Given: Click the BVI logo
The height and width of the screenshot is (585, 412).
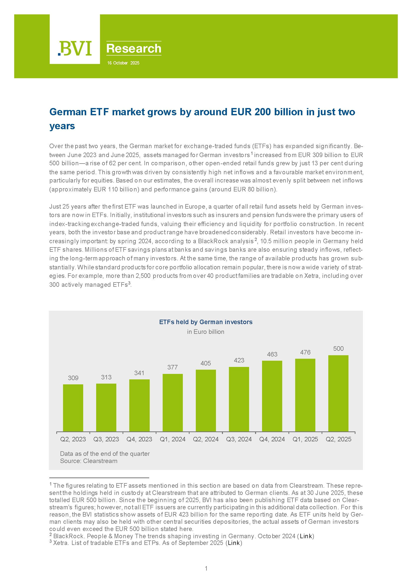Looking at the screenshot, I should tap(75, 48).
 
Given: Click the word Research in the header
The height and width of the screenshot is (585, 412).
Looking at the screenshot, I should tap(134, 48).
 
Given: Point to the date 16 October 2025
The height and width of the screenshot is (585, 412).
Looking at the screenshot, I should tap(123, 63).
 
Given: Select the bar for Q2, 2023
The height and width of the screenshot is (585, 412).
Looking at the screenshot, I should tap(73, 408).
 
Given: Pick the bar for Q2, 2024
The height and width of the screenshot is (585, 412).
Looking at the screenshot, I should tap(206, 401).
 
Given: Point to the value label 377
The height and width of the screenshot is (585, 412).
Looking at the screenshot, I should tap(172, 367).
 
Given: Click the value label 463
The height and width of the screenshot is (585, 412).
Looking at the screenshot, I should tap(272, 354).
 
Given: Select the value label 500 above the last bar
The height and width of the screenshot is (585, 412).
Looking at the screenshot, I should tap(338, 349).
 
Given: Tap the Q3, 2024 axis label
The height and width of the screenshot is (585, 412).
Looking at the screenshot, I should tap(239, 439).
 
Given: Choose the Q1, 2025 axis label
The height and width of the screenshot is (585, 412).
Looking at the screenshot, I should tap(305, 439).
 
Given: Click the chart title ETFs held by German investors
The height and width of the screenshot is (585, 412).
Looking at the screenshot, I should tap(206, 322).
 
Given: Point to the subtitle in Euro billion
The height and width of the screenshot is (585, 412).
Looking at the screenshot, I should tap(206, 332).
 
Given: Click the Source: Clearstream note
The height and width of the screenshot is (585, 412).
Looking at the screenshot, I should tap(89, 461).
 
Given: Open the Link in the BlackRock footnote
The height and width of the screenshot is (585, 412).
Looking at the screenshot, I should tap(306, 536).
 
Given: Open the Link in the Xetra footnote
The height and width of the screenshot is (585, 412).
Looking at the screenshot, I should tap(234, 543).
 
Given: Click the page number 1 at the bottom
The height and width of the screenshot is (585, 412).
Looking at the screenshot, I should tap(206, 568).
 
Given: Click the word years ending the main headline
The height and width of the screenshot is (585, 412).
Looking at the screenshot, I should tap(62, 126).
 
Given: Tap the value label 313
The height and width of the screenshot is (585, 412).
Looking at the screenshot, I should tap(106, 377).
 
